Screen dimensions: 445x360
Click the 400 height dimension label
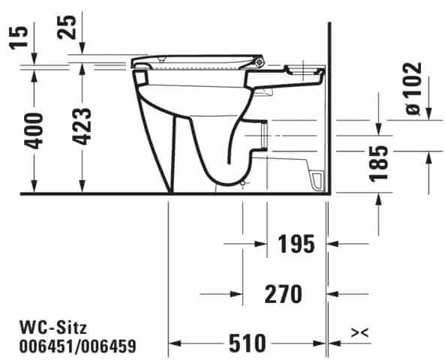pos(34,130)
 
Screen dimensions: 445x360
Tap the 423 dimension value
pos(82,126)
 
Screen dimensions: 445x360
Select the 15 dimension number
pos(19,37)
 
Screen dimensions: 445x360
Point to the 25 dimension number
pos(67,27)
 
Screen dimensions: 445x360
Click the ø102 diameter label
pos(413,88)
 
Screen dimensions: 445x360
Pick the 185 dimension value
pos(378,163)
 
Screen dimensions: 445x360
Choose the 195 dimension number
pos(296,244)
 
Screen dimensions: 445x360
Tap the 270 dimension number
pos(283,294)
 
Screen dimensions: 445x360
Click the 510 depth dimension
pos(248,343)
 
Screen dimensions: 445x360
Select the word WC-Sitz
pos(53,328)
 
